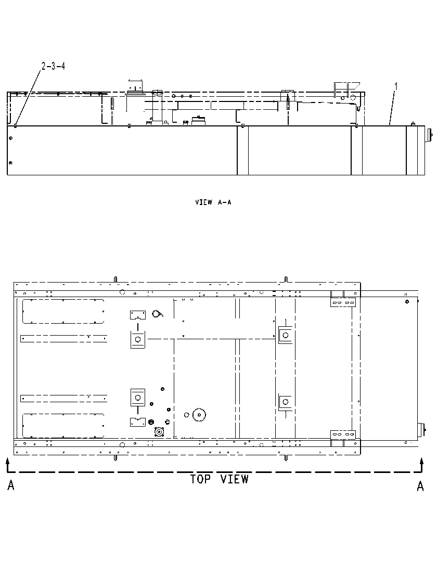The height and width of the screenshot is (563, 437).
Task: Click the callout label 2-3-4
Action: [x=53, y=66]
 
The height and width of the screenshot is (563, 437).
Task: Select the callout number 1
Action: [x=396, y=86]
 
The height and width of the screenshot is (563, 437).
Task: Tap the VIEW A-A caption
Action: [x=213, y=202]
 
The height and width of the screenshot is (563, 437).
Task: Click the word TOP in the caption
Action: [x=200, y=479]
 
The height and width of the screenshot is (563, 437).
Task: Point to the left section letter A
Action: [x=11, y=486]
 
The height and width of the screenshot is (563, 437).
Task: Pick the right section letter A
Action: [x=420, y=486]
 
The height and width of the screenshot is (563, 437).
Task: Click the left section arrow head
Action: [x=7, y=460]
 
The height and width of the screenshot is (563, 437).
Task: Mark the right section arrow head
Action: [x=422, y=460]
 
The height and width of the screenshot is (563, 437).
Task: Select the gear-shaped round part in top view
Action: [x=199, y=415]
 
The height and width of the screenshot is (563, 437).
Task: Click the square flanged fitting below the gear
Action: [x=158, y=431]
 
